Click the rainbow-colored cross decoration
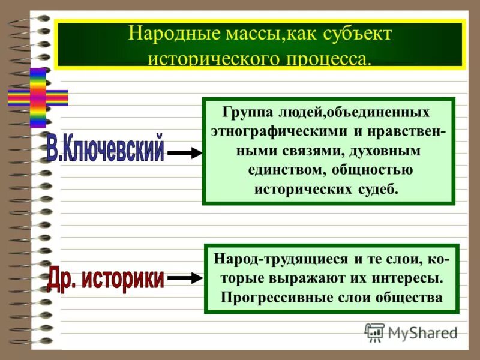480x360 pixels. coord(37,97)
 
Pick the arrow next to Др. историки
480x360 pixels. coord(184,278)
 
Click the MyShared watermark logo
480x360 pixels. coord(411,332)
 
